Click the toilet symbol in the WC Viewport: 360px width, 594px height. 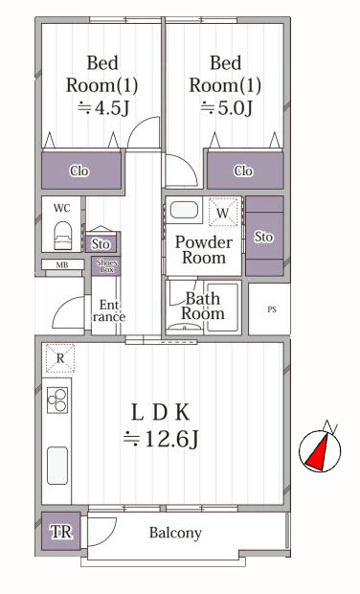(x=62, y=236)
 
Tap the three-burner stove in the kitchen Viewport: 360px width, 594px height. (x=57, y=400)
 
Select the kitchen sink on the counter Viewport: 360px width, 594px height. (x=57, y=466)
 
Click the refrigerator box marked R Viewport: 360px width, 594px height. (x=60, y=358)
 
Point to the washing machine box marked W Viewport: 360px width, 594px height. (x=223, y=213)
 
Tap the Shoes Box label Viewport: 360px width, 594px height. (x=107, y=266)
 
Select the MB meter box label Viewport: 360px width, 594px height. (x=62, y=265)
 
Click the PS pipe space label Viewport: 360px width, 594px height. (x=272, y=309)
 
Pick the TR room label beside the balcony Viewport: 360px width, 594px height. (x=61, y=532)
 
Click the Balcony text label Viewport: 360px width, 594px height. (x=175, y=533)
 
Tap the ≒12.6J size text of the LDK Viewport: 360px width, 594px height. (x=161, y=440)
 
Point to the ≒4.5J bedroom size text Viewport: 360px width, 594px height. (x=103, y=108)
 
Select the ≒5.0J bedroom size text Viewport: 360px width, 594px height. (x=226, y=108)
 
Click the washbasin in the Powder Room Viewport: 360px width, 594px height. (x=184, y=210)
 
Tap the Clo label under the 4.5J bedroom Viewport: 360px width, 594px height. (x=79, y=171)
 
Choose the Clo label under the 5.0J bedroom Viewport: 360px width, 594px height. (x=243, y=171)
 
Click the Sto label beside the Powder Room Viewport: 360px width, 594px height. (x=263, y=238)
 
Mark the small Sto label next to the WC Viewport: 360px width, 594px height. (x=101, y=244)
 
